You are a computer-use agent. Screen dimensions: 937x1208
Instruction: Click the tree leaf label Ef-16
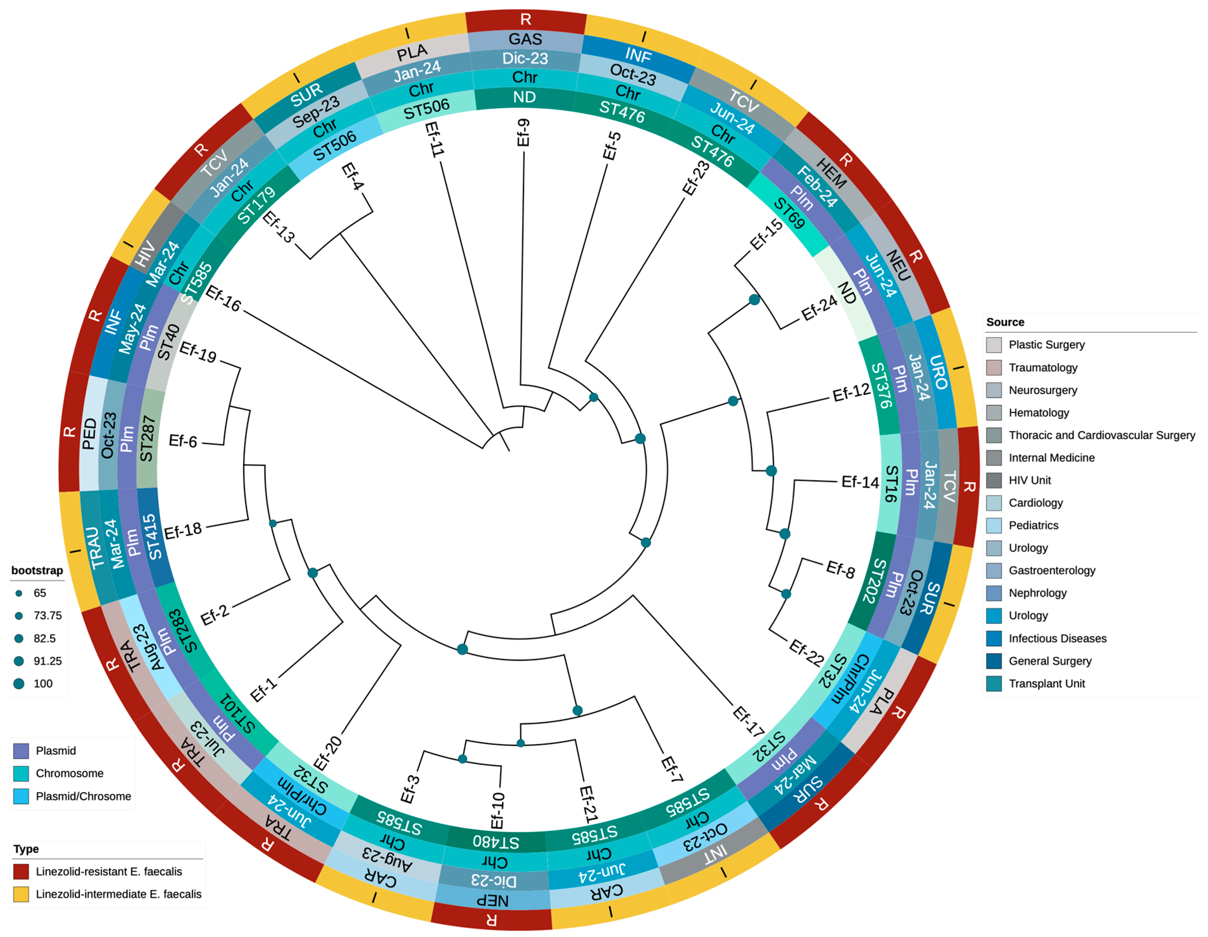click(x=223, y=299)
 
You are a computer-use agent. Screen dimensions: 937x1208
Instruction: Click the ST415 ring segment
click(x=153, y=537)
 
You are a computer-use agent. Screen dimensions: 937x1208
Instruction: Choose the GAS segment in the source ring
click(x=525, y=39)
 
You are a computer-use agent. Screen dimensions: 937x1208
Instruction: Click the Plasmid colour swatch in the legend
click(x=21, y=751)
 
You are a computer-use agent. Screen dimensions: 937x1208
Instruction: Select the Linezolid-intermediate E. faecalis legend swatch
click(x=21, y=894)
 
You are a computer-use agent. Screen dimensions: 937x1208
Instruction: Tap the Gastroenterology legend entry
click(x=1051, y=570)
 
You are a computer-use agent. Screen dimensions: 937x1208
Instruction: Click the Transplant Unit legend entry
click(x=1046, y=684)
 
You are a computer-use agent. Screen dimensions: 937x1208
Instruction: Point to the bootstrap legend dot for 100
click(x=19, y=684)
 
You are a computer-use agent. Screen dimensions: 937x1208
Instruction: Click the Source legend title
click(x=1005, y=322)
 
